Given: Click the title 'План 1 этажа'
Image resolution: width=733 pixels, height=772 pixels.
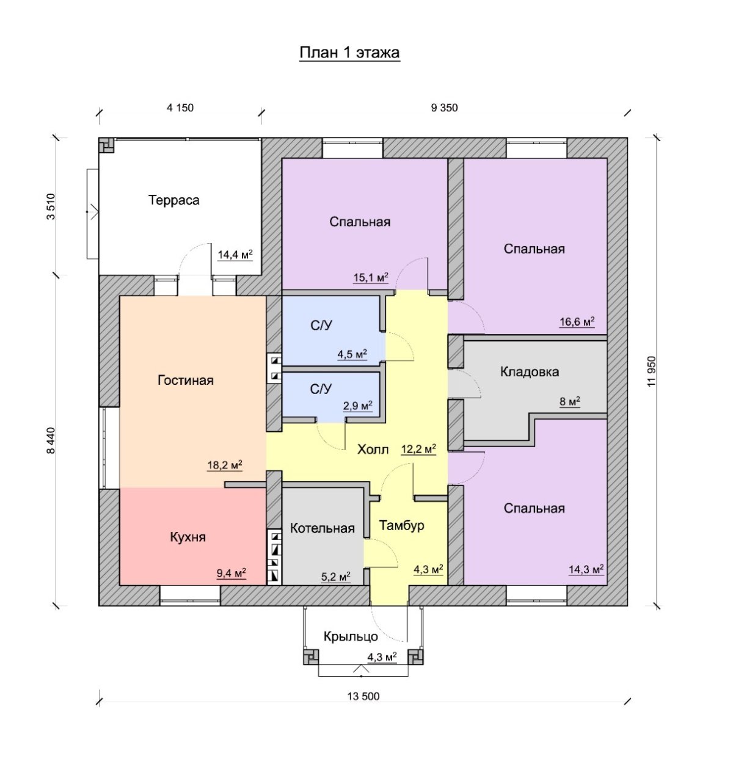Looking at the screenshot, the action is (349, 53).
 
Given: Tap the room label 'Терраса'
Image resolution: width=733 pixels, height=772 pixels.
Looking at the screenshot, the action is (173, 200).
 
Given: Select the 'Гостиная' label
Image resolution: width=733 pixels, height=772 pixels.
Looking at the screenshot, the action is (186, 380).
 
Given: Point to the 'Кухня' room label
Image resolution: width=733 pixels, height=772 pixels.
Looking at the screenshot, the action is (188, 537).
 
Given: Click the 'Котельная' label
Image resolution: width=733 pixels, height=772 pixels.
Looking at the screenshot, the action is (322, 528).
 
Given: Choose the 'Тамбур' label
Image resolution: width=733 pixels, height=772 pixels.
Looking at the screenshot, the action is (401, 525).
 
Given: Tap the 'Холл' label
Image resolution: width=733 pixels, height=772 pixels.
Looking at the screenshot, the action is (373, 450).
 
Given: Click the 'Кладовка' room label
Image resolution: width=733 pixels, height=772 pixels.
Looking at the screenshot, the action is (530, 371).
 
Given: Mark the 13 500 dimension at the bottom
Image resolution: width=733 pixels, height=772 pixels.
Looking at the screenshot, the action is (363, 696).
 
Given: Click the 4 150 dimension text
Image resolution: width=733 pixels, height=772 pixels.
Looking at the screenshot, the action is (180, 107).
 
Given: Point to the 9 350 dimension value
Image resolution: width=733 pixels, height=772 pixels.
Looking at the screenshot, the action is (444, 107).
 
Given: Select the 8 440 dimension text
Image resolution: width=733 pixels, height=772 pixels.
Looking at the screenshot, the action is (51, 441).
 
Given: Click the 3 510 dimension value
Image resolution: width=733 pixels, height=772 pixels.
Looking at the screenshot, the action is (51, 206).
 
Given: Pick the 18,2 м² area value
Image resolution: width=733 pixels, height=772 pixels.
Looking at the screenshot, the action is (225, 465).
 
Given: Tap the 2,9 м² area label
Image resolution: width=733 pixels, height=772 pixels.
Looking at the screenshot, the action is (358, 406).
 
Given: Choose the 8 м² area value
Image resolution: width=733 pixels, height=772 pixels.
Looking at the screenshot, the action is (570, 401).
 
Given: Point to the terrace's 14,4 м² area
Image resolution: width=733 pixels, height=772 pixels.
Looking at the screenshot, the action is (235, 255).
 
